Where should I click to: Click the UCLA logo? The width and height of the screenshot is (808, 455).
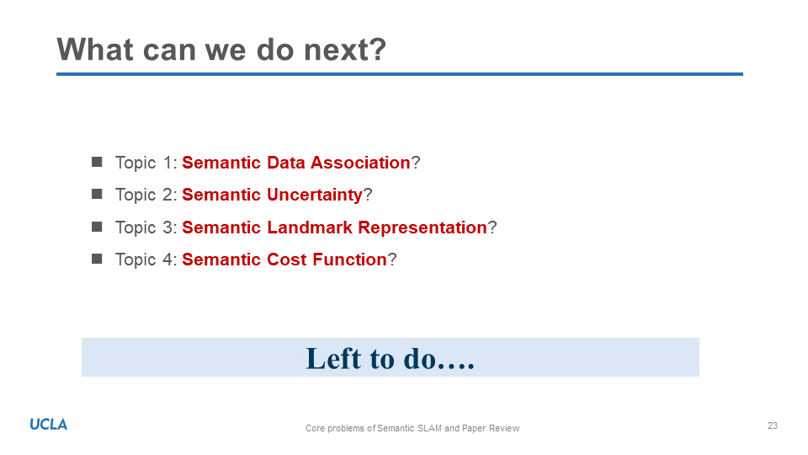pos(49,425)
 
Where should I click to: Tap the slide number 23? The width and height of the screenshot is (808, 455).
pos(772,426)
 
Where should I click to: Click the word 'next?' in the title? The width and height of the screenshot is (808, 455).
pos(345,50)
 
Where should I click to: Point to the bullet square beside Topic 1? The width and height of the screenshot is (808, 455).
pos(97,162)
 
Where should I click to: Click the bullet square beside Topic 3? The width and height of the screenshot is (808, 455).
pos(97,227)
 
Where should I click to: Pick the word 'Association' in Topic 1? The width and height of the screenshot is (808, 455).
pos(360,163)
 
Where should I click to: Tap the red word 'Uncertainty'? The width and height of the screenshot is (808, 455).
pos(315,195)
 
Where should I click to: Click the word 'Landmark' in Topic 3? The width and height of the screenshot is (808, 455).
pos(310,227)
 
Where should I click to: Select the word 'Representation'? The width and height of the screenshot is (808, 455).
pos(423,227)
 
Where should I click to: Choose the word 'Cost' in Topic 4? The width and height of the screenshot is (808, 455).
pos(287,260)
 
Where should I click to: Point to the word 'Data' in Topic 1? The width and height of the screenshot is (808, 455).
pos(286,163)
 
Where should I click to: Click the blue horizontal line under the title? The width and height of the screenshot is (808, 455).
pos(399,74)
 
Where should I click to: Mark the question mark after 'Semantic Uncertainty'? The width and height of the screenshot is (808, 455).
pos(368,195)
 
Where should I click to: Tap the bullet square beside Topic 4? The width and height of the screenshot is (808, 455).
pos(97,259)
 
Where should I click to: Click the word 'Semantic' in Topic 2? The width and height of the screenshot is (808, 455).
pos(221,195)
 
